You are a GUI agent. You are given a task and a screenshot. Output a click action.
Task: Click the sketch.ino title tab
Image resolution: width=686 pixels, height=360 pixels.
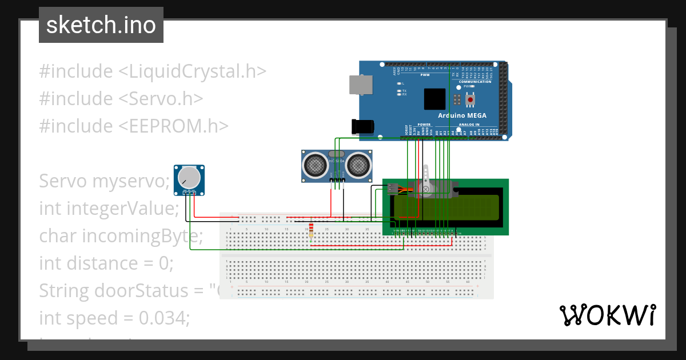(101, 25)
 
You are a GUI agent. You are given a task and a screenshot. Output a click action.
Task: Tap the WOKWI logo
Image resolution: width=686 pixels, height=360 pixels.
(607, 315)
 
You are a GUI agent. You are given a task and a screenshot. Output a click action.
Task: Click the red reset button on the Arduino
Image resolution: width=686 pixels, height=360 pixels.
(470, 100)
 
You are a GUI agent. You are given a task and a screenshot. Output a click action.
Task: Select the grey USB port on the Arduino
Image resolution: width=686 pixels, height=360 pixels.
(361, 85)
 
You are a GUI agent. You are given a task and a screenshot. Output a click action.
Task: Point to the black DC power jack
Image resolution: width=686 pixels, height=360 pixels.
(362, 126)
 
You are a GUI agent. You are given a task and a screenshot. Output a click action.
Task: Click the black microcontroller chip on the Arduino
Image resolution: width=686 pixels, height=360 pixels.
(434, 99)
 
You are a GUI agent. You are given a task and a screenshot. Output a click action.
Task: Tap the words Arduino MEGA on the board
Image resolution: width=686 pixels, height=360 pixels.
(462, 115)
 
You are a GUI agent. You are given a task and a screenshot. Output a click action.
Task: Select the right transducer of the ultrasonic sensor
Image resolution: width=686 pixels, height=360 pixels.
(357, 165)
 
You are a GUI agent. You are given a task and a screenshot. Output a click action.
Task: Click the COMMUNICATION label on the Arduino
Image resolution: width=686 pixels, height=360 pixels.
(475, 82)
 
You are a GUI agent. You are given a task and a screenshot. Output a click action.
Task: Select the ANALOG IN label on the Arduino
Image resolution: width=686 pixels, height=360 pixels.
(468, 124)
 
